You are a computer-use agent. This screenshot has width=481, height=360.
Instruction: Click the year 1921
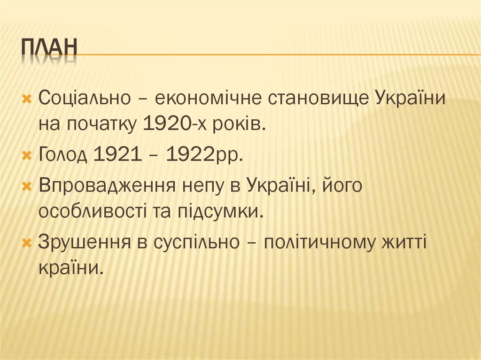[x=117, y=154]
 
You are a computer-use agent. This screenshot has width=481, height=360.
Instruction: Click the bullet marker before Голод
[x=27, y=155]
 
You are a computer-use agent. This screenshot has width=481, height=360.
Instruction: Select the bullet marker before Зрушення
[x=27, y=242]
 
